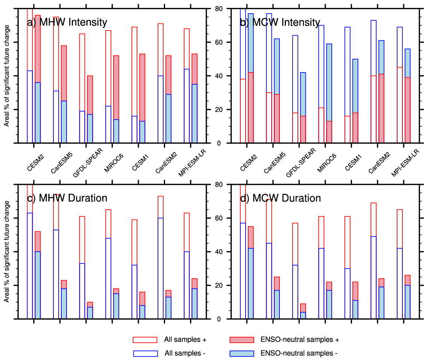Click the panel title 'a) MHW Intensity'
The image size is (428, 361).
[67, 23]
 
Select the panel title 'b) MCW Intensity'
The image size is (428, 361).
[280, 23]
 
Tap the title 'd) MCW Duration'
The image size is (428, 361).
[280, 198]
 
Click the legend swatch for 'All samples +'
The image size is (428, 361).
[145, 340]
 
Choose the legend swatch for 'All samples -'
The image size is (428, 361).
[145, 353]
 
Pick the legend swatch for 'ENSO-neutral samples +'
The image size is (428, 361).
[241, 340]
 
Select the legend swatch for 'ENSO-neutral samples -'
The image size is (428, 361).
[241, 353]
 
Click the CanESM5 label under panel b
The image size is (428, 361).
[273, 161]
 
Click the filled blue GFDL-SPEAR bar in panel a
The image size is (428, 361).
[90, 128]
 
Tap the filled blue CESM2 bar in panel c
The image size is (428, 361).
[38, 285]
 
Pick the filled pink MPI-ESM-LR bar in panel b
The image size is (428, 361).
[407, 110]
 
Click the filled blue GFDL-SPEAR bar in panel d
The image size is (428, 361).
[303, 315]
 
